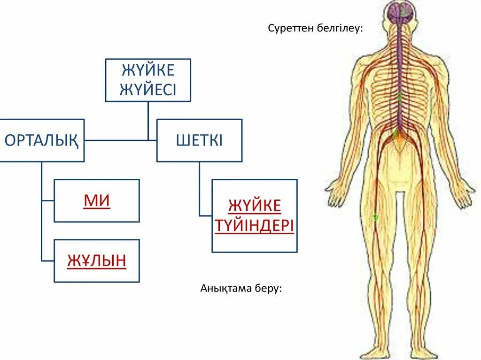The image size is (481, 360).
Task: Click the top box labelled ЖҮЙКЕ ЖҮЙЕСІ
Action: click(148, 80)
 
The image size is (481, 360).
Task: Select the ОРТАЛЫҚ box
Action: click(42, 140)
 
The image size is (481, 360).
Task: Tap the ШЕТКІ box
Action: click(199, 140)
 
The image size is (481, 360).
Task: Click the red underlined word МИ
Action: click(97, 201)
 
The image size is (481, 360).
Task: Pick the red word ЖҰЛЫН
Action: click(97, 260)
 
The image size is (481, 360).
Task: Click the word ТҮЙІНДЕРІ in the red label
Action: click(255, 226)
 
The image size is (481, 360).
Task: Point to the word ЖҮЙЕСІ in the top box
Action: click(148, 89)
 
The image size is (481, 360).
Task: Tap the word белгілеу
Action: click(339, 29)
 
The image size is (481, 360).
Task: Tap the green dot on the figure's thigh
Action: click(375, 217)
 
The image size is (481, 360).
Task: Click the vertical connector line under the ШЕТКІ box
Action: click(199, 188)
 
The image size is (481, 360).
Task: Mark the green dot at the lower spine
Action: click(396, 133)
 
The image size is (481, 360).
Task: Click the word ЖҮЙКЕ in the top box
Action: click(148, 70)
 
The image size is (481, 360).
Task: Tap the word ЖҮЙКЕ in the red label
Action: click(255, 206)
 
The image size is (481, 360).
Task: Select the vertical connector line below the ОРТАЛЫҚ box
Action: click(42, 211)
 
